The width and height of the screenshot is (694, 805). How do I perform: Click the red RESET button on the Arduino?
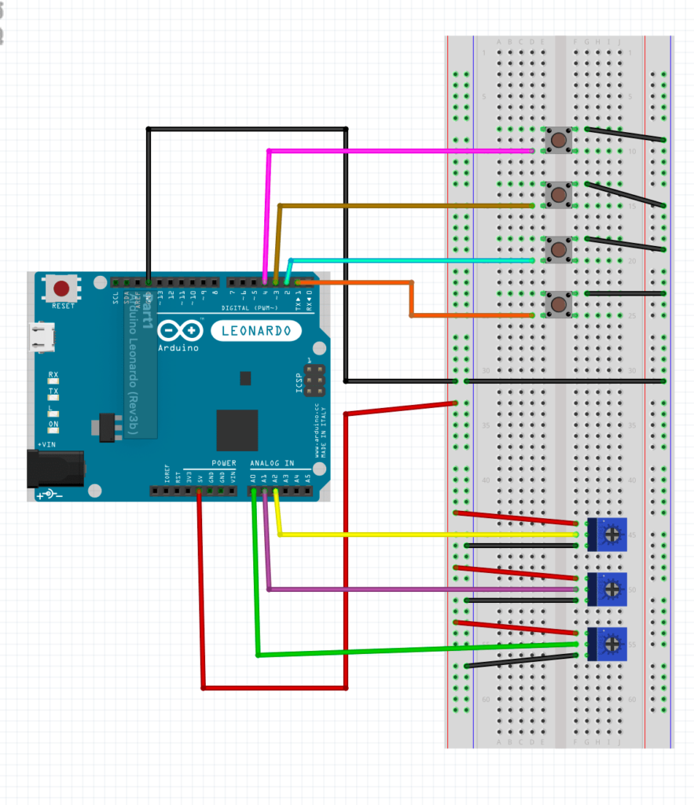coord(61,289)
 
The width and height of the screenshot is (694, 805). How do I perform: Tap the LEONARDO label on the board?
coord(255,331)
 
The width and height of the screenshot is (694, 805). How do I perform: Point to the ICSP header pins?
coord(313,380)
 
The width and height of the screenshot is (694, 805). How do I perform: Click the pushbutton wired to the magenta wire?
coord(558,141)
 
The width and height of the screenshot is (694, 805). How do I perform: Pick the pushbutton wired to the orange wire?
coord(558,303)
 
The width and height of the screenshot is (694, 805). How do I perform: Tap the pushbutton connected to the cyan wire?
coord(558,249)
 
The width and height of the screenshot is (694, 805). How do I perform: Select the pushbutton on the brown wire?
coord(558,194)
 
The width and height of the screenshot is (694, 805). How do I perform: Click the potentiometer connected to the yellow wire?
coord(608,535)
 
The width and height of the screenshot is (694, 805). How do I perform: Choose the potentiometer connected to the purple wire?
coord(608,589)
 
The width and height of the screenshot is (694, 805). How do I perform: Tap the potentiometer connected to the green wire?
coord(608,644)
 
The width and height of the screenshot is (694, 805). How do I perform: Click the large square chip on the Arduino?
coord(237,430)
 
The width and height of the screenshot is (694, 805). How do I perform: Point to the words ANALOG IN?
coord(272,464)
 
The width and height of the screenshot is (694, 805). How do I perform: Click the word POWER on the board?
coord(223,464)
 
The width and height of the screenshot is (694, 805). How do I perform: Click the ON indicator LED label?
coord(53,425)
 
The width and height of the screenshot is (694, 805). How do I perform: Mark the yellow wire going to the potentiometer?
coord(424,535)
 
